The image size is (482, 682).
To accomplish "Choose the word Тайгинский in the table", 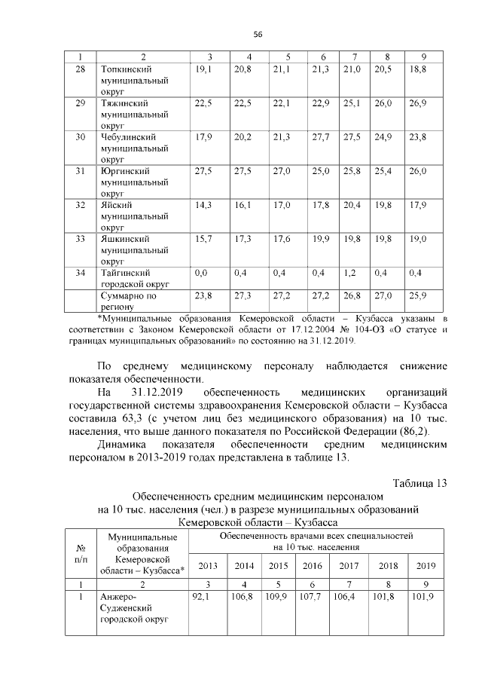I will [x=127, y=273].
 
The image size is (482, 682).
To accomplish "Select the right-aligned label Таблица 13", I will [x=420, y=483].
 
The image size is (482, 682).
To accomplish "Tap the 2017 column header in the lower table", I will [x=349, y=565].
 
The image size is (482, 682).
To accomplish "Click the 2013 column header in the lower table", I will [x=207, y=565].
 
